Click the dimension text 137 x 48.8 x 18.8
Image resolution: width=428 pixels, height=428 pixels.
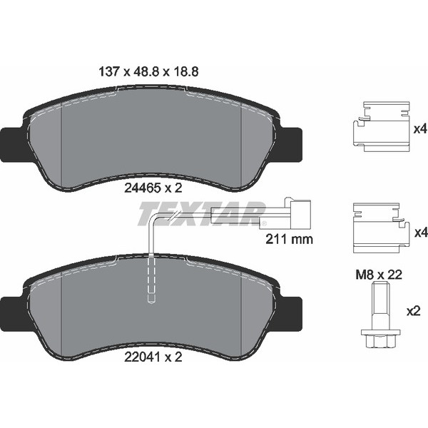pos(148,72)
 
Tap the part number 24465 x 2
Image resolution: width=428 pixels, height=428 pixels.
pos(153,188)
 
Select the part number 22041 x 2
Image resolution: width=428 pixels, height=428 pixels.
pos(153,357)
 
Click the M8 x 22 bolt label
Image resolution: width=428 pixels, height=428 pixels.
pos(379,275)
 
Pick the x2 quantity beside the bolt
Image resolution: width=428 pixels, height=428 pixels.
pos(413,312)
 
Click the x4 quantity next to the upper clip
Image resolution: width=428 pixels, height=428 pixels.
pos(420,129)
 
